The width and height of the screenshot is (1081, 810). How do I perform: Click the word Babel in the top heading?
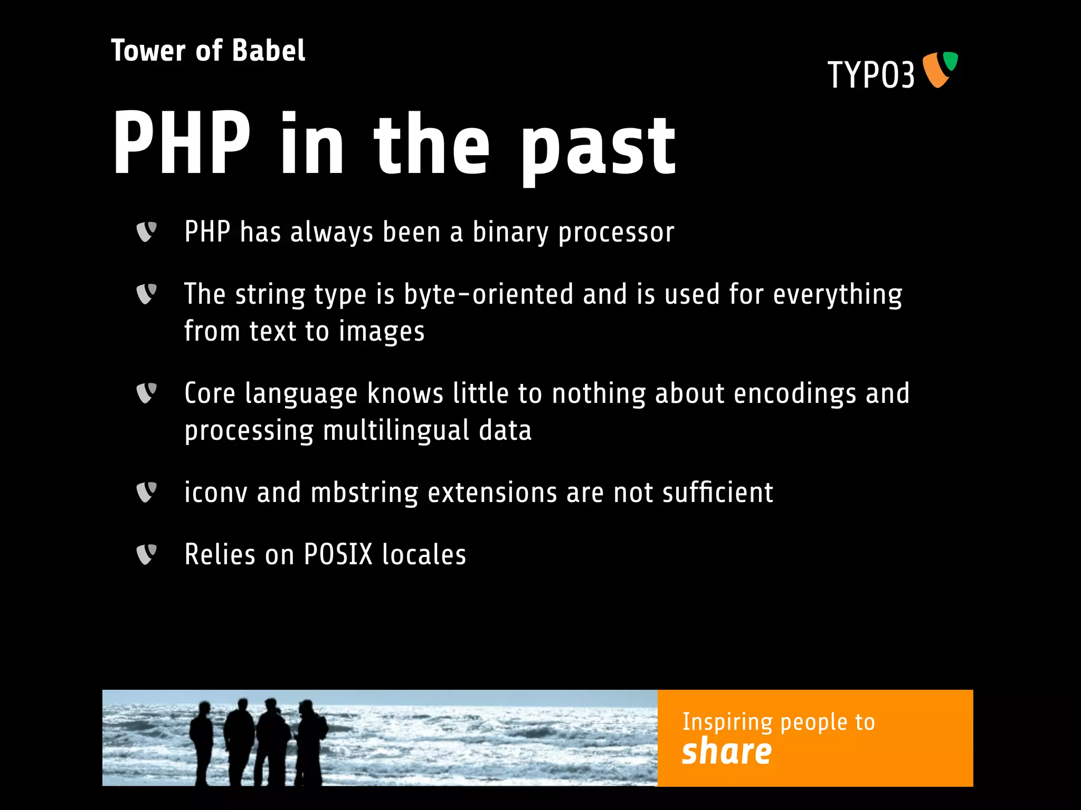coord(268,51)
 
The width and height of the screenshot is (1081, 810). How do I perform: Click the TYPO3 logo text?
coord(870,75)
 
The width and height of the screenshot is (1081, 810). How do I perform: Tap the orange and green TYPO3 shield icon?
coord(940,69)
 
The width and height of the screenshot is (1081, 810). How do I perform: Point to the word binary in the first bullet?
coord(510,233)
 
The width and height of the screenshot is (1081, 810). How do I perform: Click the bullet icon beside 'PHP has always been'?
coord(146,232)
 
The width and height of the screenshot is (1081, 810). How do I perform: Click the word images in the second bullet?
coord(381,332)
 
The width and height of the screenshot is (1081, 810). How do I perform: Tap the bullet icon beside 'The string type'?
coord(146,294)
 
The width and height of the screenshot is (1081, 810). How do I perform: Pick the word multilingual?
coord(396,431)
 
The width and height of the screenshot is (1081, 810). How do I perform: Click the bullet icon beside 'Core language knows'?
coord(146,393)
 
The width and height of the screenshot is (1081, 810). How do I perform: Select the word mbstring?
coord(364,493)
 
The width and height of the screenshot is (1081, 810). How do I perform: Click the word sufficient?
coord(717,493)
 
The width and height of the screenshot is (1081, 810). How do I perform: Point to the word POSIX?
coord(338,555)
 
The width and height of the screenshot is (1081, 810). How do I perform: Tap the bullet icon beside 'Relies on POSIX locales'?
coord(146,554)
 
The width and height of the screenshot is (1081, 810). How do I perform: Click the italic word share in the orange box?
coord(726,751)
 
